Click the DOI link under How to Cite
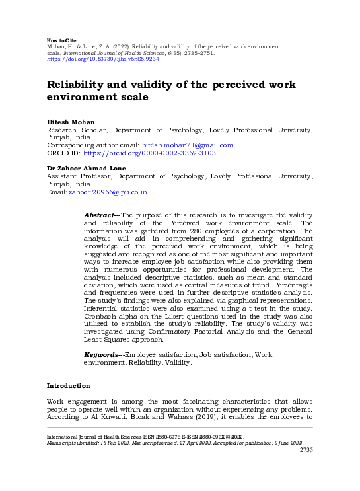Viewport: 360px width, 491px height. coord(102,58)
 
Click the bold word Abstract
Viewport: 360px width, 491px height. coord(100,215)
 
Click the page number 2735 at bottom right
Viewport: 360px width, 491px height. coord(306,450)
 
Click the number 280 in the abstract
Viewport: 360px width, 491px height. coord(182,231)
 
